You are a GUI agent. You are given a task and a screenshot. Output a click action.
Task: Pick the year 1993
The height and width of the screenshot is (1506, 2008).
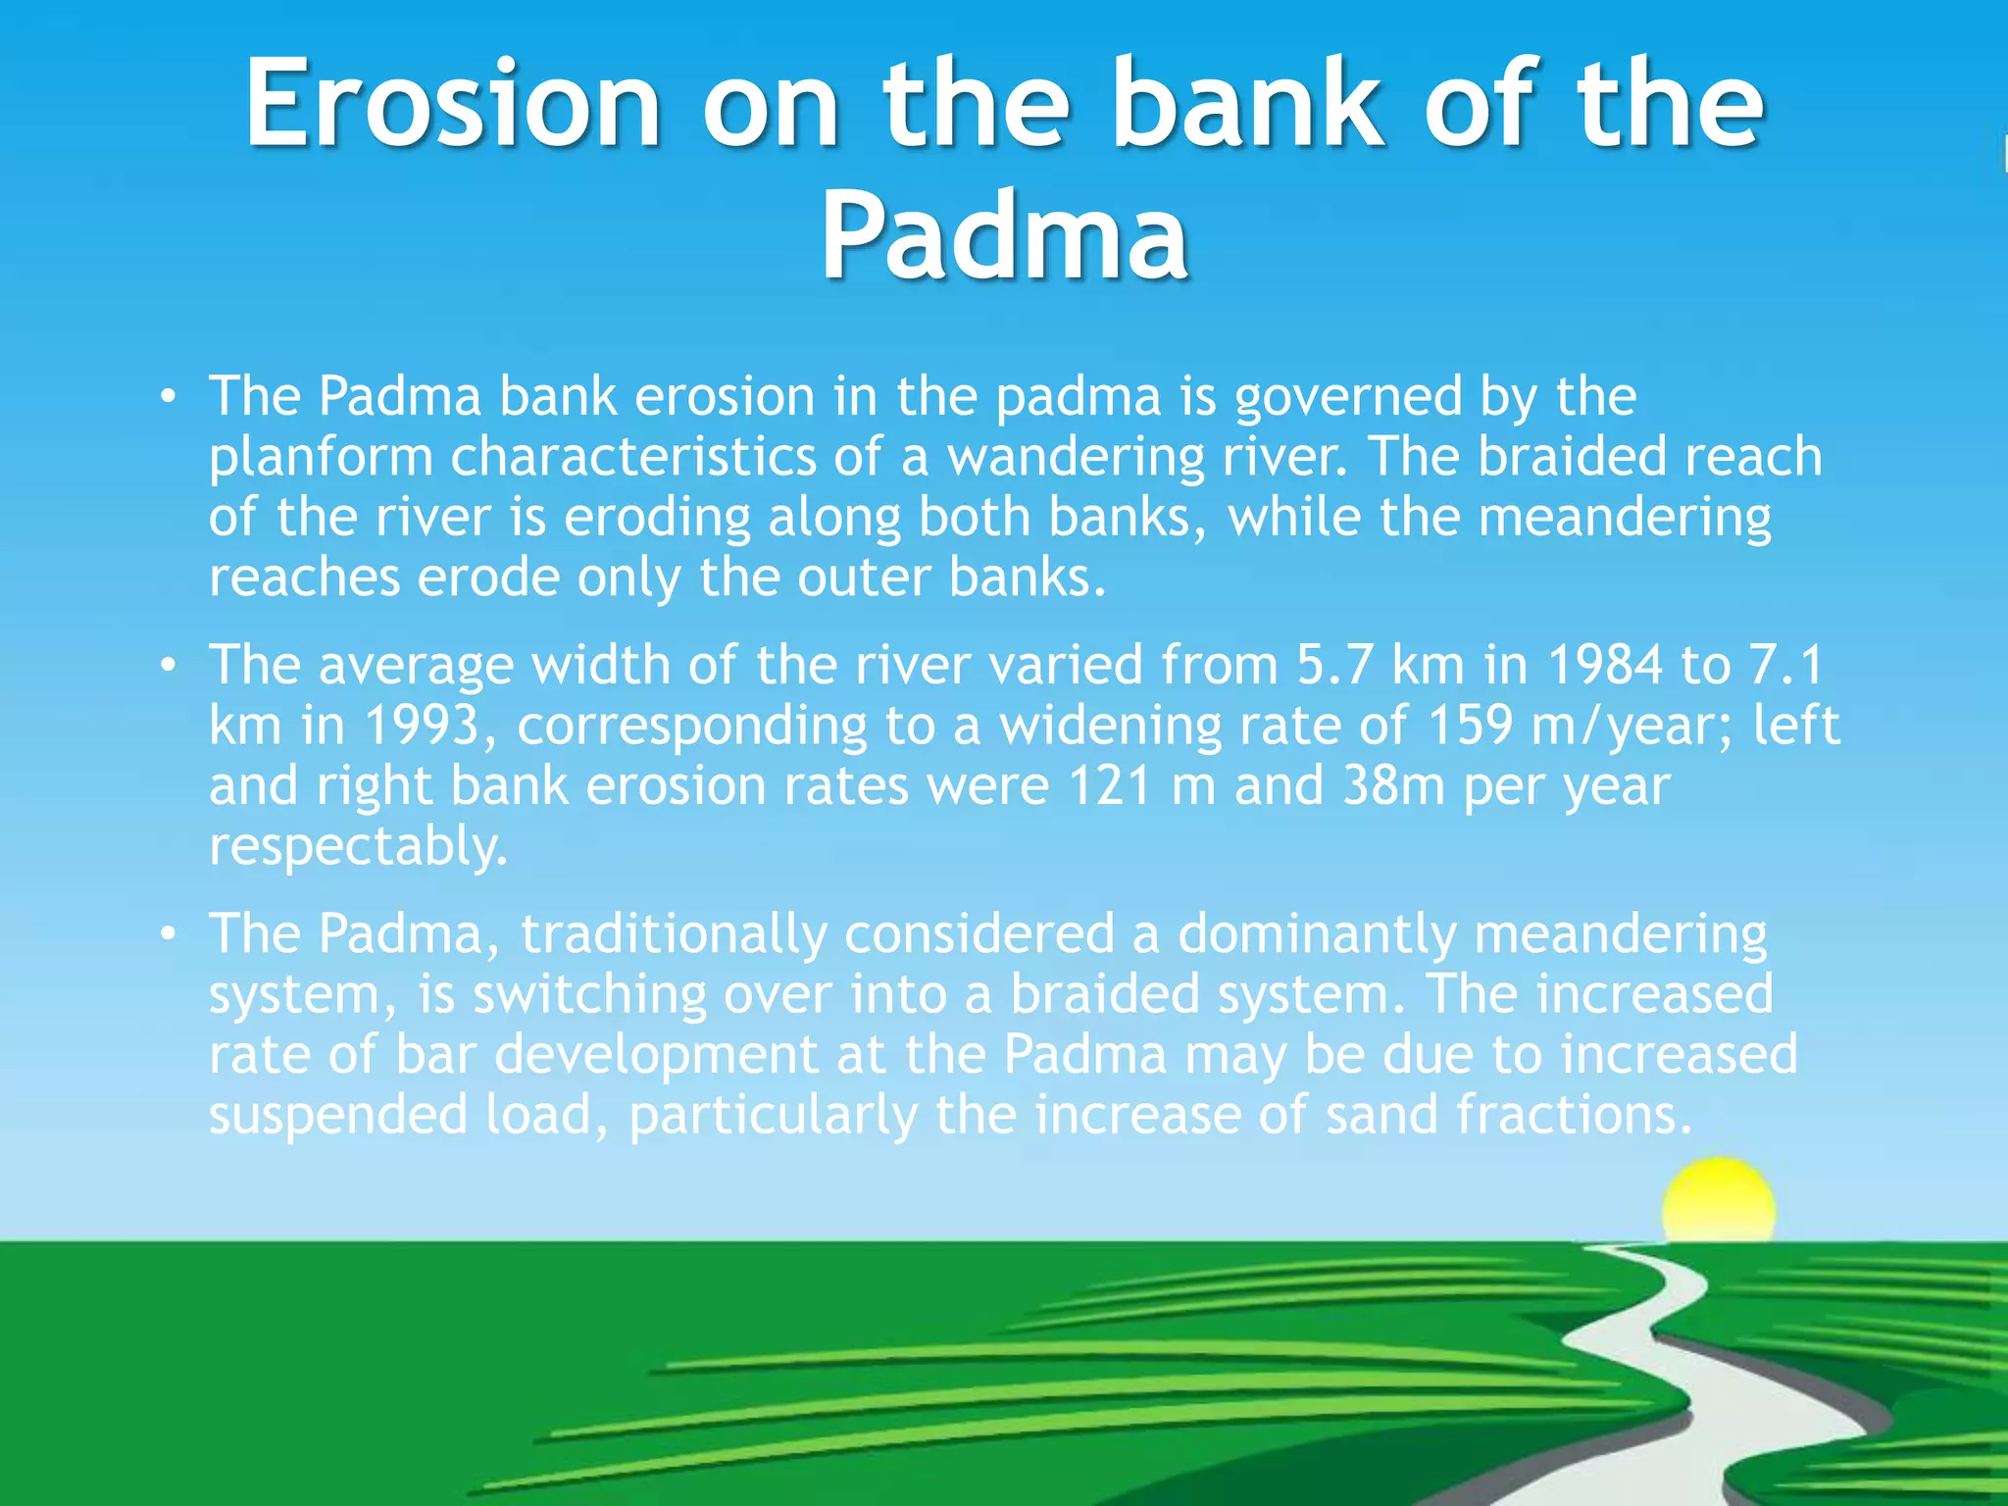point(422,727)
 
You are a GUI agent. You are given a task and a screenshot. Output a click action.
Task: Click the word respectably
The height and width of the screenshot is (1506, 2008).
point(358,848)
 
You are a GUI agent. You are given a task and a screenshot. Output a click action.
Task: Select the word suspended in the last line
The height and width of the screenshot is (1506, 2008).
point(338,1116)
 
